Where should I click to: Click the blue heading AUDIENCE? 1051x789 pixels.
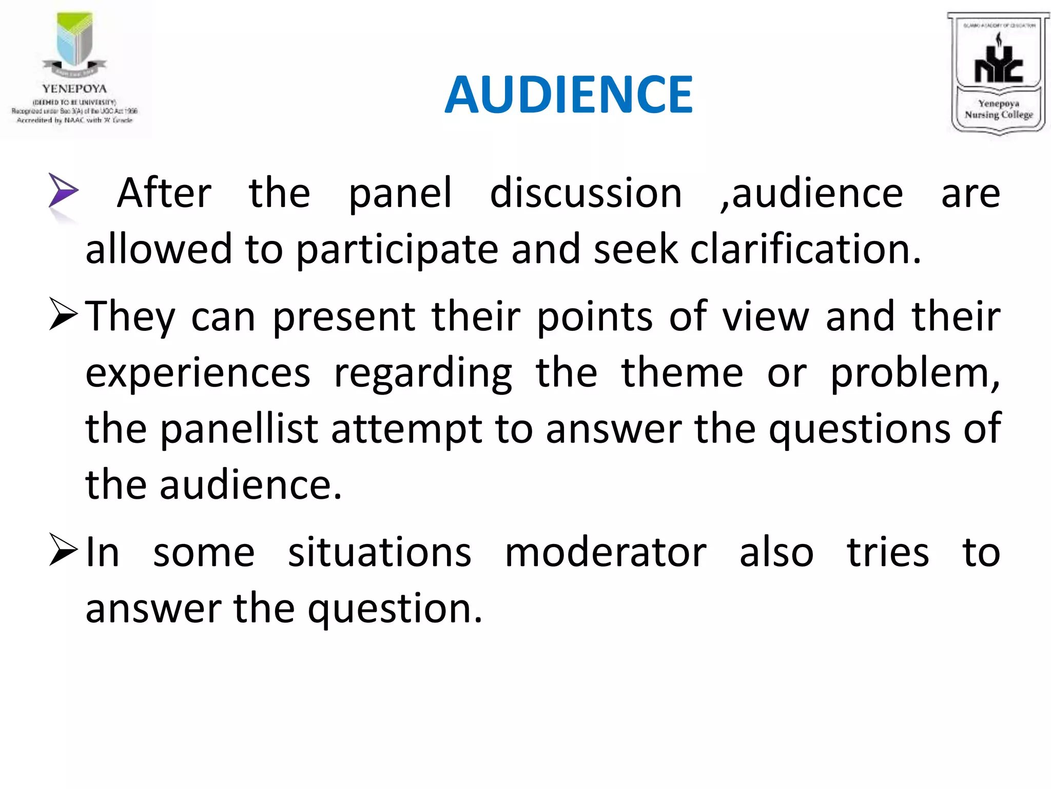[569, 95]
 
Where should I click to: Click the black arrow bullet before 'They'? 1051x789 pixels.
[64, 314]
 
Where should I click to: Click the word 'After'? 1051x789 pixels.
[164, 193]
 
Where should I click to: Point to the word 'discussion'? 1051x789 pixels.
[586, 193]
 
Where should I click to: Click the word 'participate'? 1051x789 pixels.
[397, 250]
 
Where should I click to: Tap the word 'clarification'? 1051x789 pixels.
[805, 249]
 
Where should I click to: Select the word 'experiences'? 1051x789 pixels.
[198, 374]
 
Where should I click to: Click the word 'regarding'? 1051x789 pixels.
[423, 374]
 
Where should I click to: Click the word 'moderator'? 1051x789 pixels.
[606, 553]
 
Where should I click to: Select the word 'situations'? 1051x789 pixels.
[379, 553]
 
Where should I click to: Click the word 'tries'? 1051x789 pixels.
[887, 553]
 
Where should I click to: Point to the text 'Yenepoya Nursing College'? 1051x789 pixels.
[998, 109]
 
